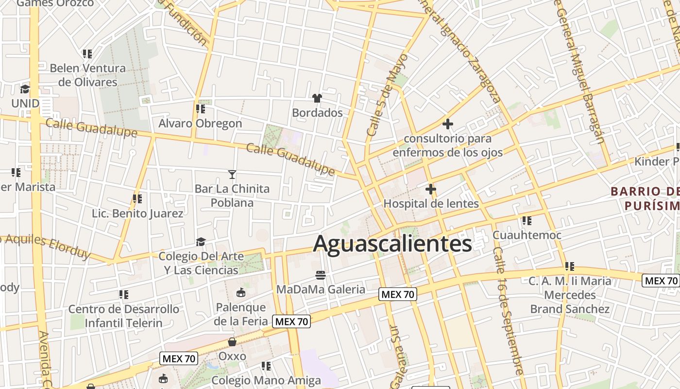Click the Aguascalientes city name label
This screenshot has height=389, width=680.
click(x=392, y=244)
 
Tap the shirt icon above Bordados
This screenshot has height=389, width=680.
click(x=317, y=98)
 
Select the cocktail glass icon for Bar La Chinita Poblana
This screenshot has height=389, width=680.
click(x=232, y=174)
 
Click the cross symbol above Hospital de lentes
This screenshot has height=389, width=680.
click(x=431, y=189)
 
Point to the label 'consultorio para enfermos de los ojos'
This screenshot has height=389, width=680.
click(x=447, y=145)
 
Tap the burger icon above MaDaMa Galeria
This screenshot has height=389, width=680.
click(x=320, y=275)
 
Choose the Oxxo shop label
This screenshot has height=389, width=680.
click(x=232, y=356)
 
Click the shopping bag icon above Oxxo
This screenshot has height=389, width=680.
click(x=232, y=342)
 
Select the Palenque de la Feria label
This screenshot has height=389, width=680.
click(x=241, y=314)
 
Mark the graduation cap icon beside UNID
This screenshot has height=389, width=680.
click(x=25, y=89)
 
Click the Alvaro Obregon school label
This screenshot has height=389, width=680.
click(x=200, y=124)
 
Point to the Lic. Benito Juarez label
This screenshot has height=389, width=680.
click(x=137, y=213)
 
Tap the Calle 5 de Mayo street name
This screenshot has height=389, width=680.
click(x=387, y=95)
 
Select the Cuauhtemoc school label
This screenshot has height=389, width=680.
click(x=527, y=235)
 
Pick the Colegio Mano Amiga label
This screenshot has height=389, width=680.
click(x=266, y=380)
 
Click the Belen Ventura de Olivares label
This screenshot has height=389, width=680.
click(x=88, y=75)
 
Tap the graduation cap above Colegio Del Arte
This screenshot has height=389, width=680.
click(x=201, y=242)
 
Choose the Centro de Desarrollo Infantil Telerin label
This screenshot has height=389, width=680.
click(x=123, y=316)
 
